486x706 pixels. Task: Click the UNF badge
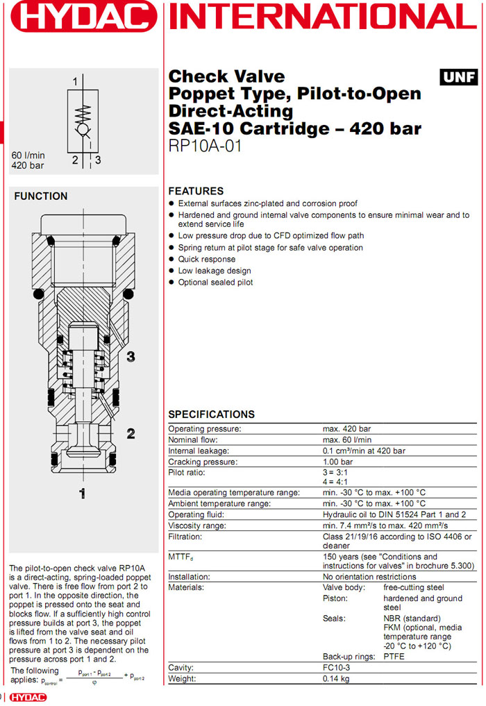click(x=459, y=76)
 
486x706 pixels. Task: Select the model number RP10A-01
click(x=205, y=146)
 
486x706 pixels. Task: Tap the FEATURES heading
click(x=196, y=191)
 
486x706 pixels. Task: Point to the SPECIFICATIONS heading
click(x=211, y=414)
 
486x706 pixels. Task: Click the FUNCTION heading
click(x=41, y=196)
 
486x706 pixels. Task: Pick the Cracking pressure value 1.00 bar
click(x=337, y=462)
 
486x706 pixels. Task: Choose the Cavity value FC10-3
click(x=337, y=667)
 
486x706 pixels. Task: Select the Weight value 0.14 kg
click(x=337, y=678)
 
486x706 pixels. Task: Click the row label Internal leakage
click(x=199, y=451)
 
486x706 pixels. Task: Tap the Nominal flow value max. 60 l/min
click(x=346, y=439)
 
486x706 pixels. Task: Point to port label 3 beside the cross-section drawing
click(x=130, y=357)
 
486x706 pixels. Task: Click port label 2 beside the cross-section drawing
click(x=130, y=434)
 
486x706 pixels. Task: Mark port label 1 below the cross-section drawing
click(x=82, y=494)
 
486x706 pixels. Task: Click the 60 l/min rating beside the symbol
click(x=28, y=155)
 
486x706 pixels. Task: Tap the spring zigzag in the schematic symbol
click(x=83, y=112)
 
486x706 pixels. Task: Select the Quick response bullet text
click(x=206, y=259)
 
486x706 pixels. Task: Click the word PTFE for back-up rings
click(x=395, y=656)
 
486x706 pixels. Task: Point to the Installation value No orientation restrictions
click(x=369, y=576)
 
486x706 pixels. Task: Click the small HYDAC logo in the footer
click(x=28, y=697)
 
